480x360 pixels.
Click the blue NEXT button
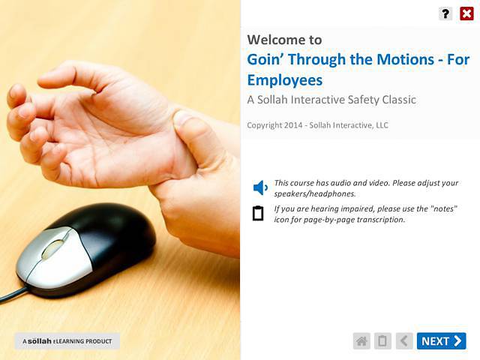click(441, 341)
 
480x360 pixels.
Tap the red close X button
click(466, 13)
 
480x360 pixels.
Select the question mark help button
click(445, 13)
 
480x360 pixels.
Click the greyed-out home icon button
click(361, 341)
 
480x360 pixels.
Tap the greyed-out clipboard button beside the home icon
click(382, 341)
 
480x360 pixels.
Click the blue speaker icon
click(259, 187)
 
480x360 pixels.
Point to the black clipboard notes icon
click(258, 213)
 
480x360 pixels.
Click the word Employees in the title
click(284, 79)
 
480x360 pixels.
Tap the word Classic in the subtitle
click(396, 99)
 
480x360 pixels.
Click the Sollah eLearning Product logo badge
click(67, 341)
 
